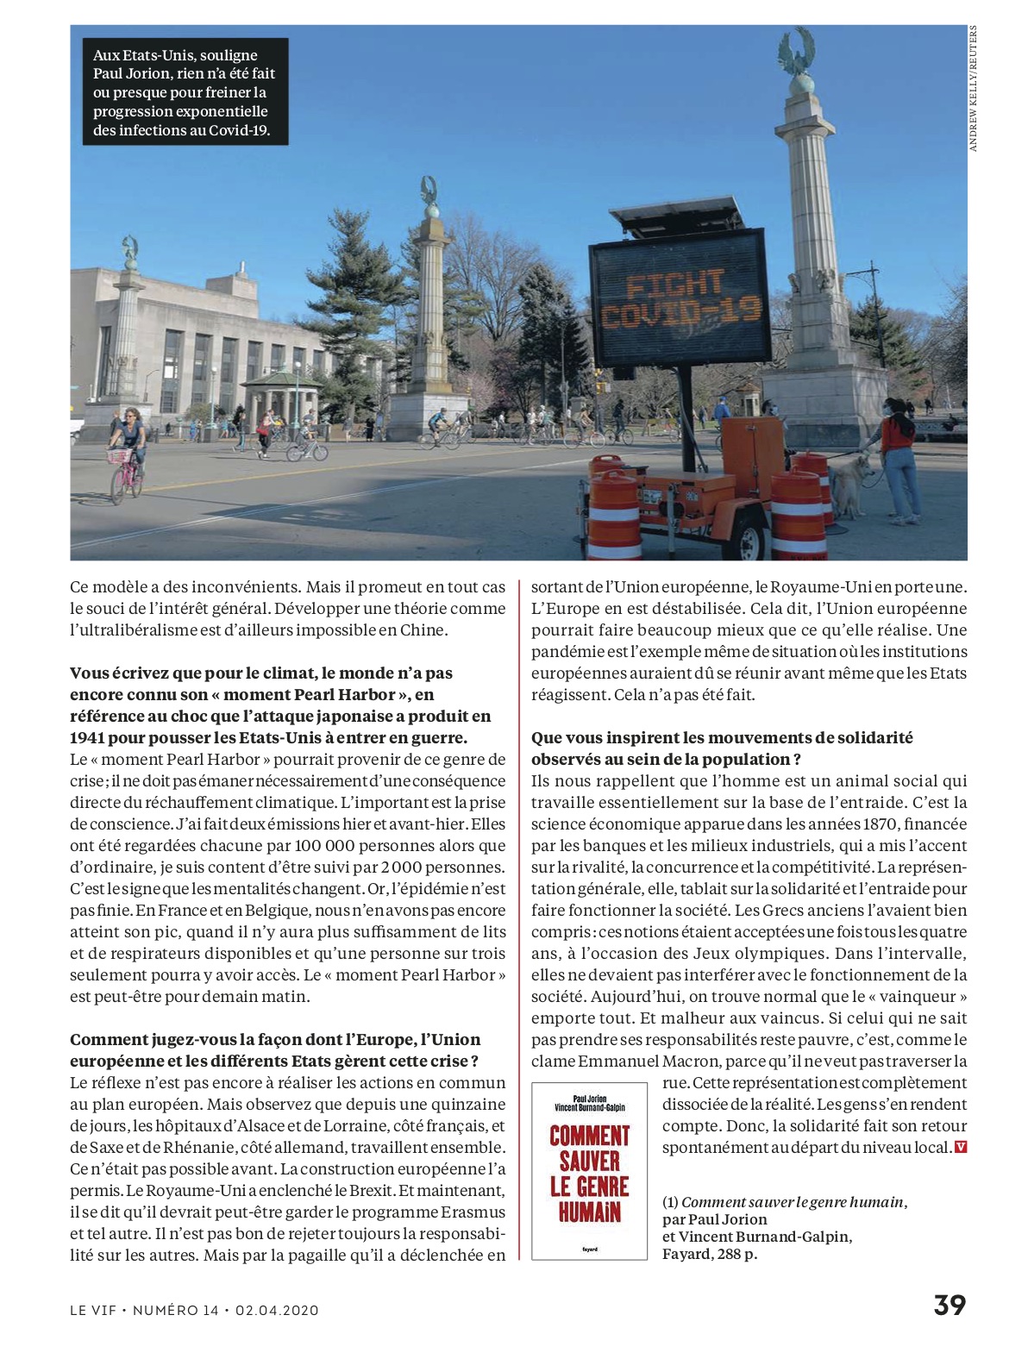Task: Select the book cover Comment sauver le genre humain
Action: point(589,1170)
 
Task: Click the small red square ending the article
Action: point(961,1148)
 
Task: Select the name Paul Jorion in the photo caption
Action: point(131,74)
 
